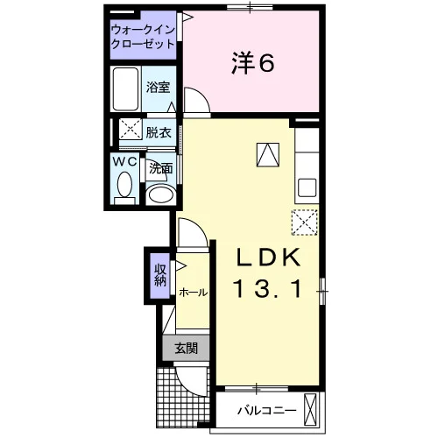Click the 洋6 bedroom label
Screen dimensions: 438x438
click(x=253, y=63)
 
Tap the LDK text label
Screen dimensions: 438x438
click(x=269, y=257)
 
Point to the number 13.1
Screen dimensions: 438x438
click(x=267, y=288)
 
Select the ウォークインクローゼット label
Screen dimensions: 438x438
click(x=144, y=37)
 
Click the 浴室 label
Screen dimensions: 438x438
click(x=158, y=87)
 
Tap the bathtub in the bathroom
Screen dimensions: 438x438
click(x=125, y=89)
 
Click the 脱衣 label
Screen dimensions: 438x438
click(x=159, y=133)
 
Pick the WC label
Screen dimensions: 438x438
click(x=125, y=161)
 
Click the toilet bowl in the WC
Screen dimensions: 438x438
click(x=124, y=185)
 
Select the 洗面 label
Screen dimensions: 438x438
click(x=161, y=168)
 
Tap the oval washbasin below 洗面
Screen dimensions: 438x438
click(x=160, y=194)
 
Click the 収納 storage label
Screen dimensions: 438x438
click(x=160, y=275)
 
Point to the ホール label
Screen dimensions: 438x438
click(x=194, y=292)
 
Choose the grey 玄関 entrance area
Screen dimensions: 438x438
click(x=186, y=348)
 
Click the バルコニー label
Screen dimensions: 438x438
click(x=266, y=411)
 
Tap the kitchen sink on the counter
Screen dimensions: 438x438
click(x=307, y=187)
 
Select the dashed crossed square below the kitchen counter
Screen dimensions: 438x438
click(x=305, y=223)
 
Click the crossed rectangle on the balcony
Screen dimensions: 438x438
click(x=310, y=411)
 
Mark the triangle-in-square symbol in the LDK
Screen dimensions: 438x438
click(x=268, y=155)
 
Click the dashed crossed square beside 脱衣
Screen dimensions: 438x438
click(x=131, y=129)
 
